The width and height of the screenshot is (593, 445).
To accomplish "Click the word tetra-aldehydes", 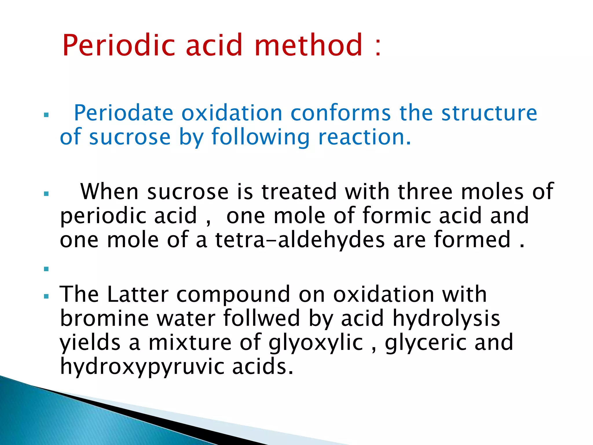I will pos(300,240).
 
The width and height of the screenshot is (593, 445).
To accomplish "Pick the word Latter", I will pos(138,294).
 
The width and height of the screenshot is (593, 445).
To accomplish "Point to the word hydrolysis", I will pos(446,318).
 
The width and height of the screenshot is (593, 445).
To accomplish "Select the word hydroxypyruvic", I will pos(142,367).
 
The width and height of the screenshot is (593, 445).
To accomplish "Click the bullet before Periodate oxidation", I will pos(46,115).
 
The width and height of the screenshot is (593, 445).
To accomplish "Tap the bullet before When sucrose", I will pos(46,194).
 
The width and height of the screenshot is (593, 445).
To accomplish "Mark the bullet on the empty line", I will pos(46,269).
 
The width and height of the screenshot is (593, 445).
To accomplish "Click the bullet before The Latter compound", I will pos(46,296).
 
